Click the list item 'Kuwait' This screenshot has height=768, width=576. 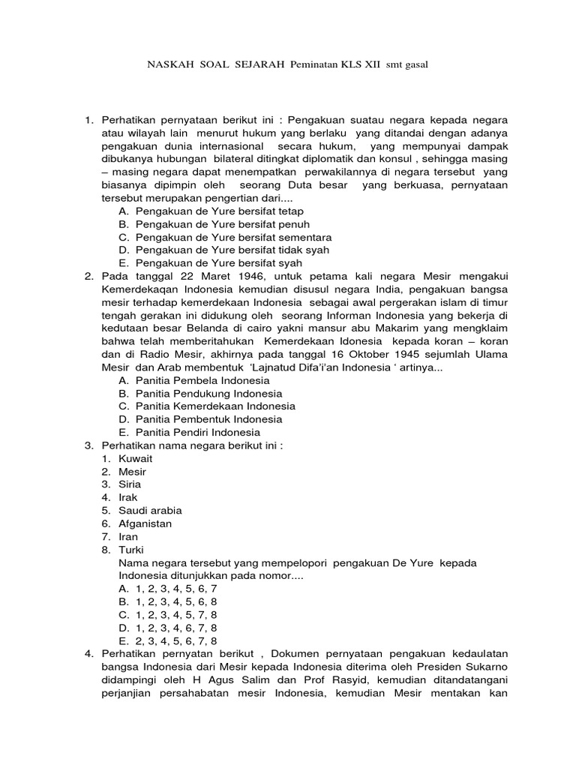pyautogui.click(x=135, y=457)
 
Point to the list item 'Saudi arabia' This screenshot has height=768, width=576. pyautogui.click(x=150, y=510)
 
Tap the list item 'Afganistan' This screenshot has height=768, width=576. pyautogui.click(x=145, y=523)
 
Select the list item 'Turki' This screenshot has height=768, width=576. pyautogui.click(x=132, y=550)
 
